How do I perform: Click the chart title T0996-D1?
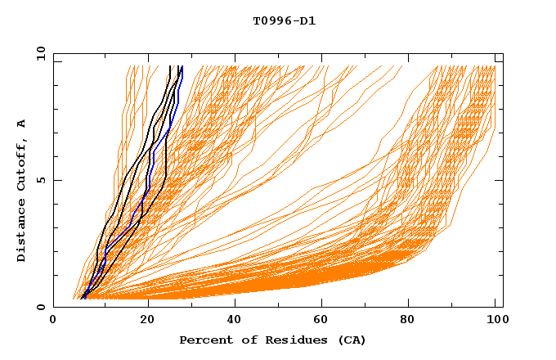pyautogui.click(x=284, y=20)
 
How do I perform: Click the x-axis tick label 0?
pyautogui.click(x=53, y=322)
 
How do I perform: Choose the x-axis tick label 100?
pyautogui.click(x=495, y=322)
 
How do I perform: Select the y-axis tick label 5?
pyautogui.click(x=41, y=180)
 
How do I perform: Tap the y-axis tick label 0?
pyautogui.click(x=41, y=307)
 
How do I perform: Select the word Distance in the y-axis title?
pyautogui.click(x=22, y=229)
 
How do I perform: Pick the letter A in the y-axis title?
pyautogui.click(x=22, y=124)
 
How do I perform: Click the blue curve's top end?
pyautogui.click(x=182, y=67)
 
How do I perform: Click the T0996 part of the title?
pyautogui.click(x=270, y=20)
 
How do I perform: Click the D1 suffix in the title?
pyautogui.click(x=307, y=20)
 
